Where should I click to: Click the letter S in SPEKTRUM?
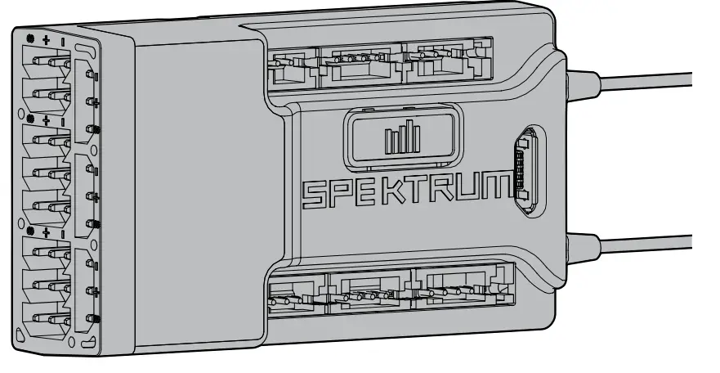coord(313,194)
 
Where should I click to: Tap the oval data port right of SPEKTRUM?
coord(524,173)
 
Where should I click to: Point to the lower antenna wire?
coord(646,241)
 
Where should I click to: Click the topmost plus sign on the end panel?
coord(46,38)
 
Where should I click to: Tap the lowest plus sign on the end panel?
coord(46,233)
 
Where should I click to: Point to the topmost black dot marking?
coord(30,38)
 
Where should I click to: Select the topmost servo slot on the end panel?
coord(49,61)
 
